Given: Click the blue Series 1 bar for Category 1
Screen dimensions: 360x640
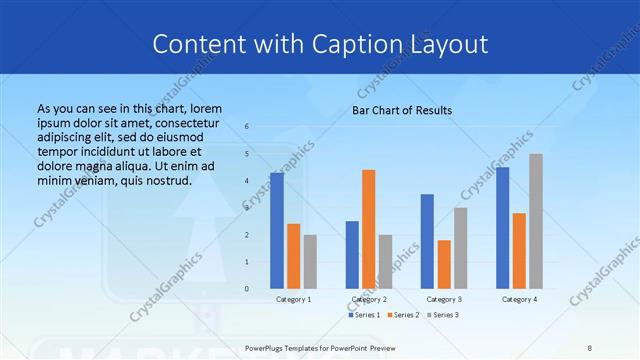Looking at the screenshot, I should [277, 231].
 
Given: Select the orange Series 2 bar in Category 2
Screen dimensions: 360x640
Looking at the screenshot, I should [369, 229].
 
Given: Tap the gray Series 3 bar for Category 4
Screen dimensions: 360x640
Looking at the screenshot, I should [536, 221].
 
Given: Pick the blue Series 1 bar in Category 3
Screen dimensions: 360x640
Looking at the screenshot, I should [427, 241].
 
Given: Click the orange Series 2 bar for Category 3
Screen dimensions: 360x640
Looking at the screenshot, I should [444, 264].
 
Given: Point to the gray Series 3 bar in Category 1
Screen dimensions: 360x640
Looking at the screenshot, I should [310, 262].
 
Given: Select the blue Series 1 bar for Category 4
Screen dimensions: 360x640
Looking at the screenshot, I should [502, 228].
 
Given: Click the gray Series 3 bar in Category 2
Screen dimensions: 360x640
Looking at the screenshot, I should [386, 262].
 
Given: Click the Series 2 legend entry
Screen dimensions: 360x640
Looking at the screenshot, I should [403, 315].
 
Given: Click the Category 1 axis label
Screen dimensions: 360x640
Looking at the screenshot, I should [293, 299].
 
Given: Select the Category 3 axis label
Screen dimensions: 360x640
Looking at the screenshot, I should [444, 299].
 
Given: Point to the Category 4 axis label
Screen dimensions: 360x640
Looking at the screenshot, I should [519, 299].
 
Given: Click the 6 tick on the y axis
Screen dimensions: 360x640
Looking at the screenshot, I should [247, 127].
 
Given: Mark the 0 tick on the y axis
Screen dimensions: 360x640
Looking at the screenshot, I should [247, 289].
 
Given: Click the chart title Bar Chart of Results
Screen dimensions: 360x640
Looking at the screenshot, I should [402, 110].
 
